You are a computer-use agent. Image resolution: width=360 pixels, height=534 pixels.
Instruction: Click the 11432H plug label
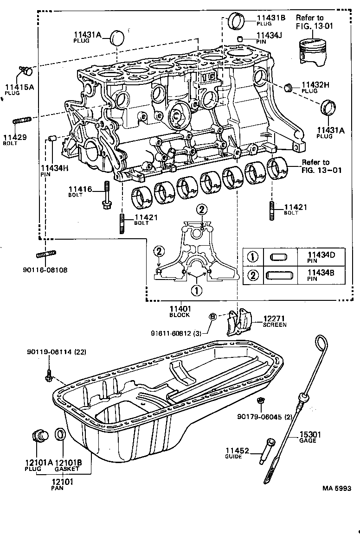pos(315,85)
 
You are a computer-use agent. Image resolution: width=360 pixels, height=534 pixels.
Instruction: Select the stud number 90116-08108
pos(44,269)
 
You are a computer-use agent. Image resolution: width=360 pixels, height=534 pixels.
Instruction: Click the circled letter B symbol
pos(213,317)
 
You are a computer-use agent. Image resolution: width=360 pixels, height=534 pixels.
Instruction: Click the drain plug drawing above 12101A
pos(39,436)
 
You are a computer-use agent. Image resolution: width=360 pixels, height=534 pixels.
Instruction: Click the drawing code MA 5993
pos(337,488)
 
